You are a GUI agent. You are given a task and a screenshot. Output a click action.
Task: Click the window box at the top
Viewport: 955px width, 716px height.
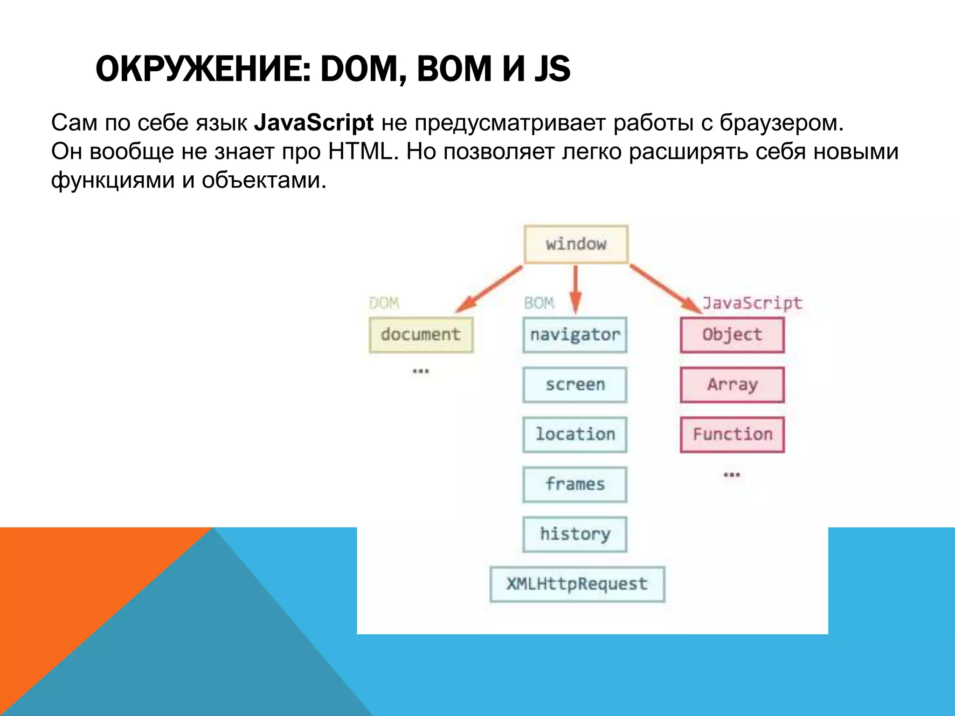click(576, 244)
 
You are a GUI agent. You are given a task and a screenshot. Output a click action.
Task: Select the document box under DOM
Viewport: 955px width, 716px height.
click(421, 335)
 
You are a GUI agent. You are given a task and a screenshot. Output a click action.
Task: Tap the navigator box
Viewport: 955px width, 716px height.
click(574, 335)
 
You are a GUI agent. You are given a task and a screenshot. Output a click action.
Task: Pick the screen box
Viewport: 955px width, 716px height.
click(574, 385)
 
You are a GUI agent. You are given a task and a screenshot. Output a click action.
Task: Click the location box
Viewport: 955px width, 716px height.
click(574, 434)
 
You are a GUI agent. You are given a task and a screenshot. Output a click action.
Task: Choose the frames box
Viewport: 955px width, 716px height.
click(574, 484)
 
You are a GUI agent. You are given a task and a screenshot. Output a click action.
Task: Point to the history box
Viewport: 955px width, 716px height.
click(574, 534)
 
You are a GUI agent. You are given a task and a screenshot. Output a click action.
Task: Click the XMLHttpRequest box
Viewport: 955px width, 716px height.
click(577, 584)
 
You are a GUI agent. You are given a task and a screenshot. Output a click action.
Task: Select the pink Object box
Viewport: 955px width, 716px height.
click(732, 335)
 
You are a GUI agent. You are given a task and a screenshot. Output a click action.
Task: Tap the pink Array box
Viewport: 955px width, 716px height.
click(732, 385)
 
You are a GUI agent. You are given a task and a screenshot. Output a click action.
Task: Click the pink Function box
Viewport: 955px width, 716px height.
click(732, 434)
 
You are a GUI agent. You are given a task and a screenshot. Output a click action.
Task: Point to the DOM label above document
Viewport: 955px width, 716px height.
click(384, 303)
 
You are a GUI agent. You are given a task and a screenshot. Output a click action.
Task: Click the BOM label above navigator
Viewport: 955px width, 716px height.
click(539, 303)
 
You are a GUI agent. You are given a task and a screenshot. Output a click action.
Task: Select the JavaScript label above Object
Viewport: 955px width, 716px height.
click(752, 303)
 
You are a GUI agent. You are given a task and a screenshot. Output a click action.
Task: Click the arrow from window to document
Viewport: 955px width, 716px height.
click(490, 288)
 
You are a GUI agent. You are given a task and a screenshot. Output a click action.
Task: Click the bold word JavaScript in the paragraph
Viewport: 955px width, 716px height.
click(313, 123)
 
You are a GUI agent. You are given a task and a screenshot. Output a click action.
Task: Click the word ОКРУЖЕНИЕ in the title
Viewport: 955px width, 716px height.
click(203, 69)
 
